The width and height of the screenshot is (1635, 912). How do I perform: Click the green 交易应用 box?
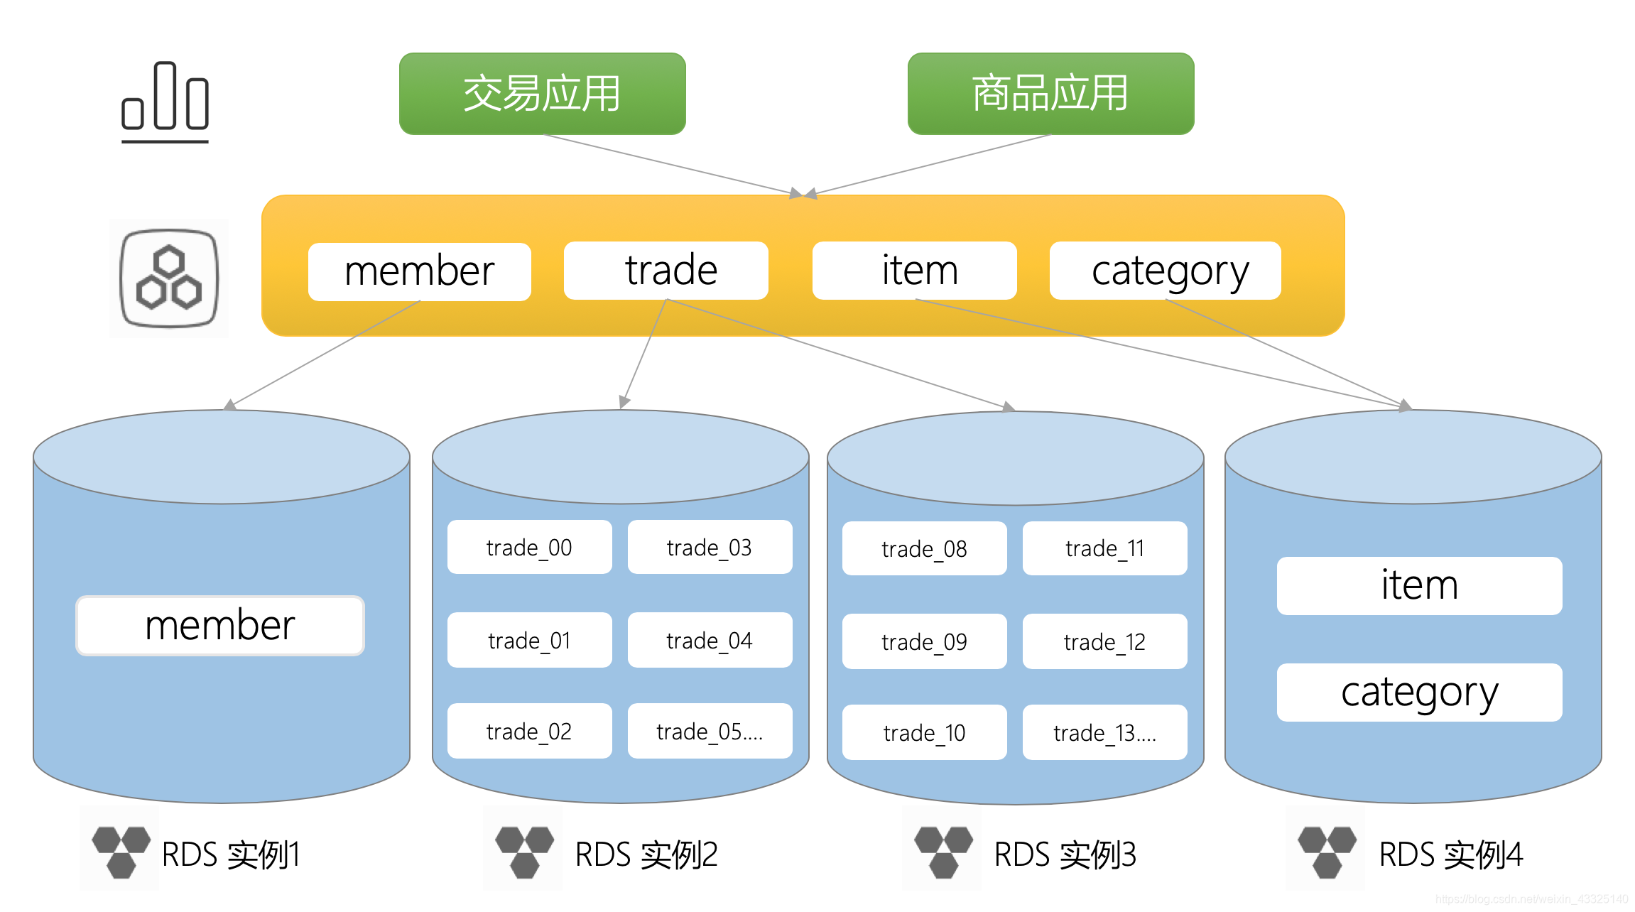[x=542, y=93]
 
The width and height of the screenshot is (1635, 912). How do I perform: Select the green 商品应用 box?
[x=1050, y=93]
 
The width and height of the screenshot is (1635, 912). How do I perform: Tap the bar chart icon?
[x=165, y=102]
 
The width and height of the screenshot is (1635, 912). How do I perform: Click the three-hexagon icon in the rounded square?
[x=169, y=278]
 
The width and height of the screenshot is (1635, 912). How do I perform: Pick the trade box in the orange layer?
[x=666, y=271]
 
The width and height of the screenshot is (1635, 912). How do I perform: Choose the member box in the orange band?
[x=419, y=271]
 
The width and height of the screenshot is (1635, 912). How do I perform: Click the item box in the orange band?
[x=914, y=271]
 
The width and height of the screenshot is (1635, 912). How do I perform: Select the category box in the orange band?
[x=1165, y=271]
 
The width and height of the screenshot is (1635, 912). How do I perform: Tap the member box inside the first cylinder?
[x=220, y=625]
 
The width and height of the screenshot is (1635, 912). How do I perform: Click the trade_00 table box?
[x=529, y=547]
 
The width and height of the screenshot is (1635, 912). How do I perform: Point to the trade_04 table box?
[x=710, y=640]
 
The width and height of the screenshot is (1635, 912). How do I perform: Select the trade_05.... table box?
[x=710, y=731]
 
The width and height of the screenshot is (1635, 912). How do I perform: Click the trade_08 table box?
[x=924, y=548]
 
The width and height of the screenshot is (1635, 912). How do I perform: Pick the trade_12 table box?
[x=1104, y=641]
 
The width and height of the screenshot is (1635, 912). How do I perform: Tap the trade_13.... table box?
[x=1104, y=732]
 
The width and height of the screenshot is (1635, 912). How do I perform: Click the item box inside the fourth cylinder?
[x=1419, y=586]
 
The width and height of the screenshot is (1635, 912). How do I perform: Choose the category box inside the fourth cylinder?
[x=1419, y=693]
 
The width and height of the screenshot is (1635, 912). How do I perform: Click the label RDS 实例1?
[x=231, y=854]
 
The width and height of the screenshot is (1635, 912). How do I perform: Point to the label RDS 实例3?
[x=1065, y=854]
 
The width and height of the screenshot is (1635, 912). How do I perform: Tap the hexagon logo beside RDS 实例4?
[x=1326, y=850]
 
